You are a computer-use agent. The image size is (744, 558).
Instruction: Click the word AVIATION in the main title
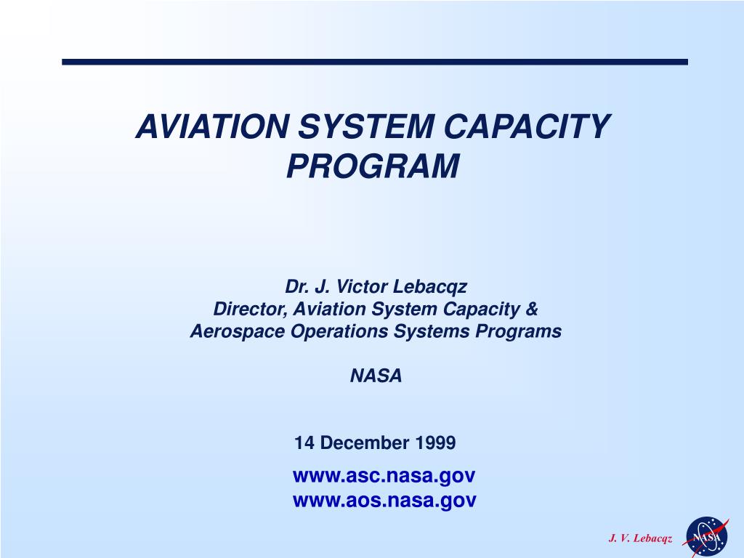coord(212,126)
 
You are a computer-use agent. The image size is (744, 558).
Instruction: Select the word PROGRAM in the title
coord(373,166)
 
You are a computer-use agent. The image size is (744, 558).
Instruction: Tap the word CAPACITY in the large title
coord(527,126)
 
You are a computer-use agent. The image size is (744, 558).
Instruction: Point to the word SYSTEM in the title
coord(366,126)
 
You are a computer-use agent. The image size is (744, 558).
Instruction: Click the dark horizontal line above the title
coord(375,62)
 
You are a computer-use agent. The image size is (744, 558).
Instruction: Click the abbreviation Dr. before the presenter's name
coord(296,286)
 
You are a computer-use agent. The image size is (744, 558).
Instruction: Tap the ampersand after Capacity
coord(532,309)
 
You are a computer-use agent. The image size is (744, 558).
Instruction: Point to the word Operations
coord(339,331)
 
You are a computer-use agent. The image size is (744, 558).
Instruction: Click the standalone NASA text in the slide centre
coord(376,376)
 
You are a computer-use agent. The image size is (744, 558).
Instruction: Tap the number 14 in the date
coord(304,442)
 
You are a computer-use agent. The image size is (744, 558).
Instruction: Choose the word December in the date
coord(365,442)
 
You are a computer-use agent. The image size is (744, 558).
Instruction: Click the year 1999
coord(436,442)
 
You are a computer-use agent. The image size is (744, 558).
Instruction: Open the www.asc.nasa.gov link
coord(384,475)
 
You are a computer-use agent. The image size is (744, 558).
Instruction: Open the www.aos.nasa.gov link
coord(384,500)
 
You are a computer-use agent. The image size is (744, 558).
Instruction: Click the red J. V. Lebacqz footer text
coord(640,538)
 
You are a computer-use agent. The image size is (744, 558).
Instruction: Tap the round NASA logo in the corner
coord(706,537)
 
